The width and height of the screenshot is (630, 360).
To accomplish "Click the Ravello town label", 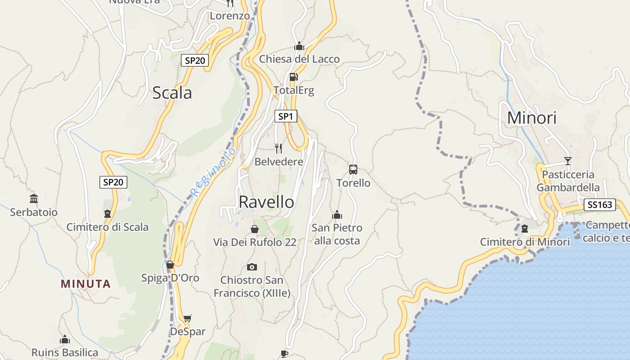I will point(266,202).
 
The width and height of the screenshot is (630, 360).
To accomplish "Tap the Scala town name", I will point(172,93).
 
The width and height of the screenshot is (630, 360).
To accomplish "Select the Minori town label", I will point(532,118).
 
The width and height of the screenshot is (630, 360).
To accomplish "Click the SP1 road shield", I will point(286,117).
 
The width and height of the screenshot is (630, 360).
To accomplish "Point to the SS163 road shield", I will point(600,205).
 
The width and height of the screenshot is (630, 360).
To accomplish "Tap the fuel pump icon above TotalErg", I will point(293,77).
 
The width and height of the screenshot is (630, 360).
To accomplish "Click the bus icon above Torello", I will point(353,170).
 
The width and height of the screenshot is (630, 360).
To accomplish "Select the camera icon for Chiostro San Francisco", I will point(252,267).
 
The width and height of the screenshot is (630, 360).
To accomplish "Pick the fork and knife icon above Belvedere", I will point(279,148).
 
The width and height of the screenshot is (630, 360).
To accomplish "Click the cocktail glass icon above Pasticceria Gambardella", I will point(568,161).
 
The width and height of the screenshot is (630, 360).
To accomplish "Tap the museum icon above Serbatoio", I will point(34,198).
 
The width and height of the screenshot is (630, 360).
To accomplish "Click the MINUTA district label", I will point(85,284).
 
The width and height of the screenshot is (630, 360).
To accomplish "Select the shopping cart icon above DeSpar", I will point(187,318).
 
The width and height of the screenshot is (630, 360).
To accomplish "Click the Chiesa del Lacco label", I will point(299,59).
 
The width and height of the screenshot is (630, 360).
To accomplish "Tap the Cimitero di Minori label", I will point(525,242).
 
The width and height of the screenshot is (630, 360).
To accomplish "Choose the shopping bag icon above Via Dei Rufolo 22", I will point(255,229).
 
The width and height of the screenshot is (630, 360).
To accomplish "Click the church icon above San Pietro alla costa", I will point(337,215).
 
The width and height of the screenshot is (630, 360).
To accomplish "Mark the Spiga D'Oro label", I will point(170,278).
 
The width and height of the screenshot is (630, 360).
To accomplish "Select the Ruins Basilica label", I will point(65,352).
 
